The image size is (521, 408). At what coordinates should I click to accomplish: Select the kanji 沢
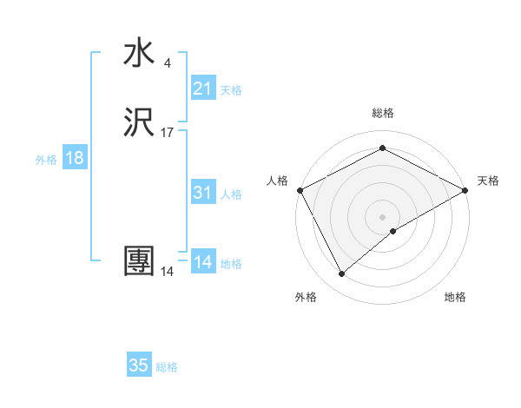coord(140,123)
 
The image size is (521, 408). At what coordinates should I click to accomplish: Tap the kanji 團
coord(140,261)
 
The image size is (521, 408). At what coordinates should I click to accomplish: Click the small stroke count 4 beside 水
coord(167,63)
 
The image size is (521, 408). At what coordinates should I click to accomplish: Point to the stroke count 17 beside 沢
coord(168,133)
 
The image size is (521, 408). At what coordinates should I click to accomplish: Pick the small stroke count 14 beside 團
coord(167,272)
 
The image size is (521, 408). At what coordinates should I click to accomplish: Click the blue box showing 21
coord(202,89)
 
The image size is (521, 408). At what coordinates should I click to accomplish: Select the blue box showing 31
coord(202,193)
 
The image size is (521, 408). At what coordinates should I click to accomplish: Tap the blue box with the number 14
coord(202,262)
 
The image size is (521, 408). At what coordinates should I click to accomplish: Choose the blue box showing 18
coord(74,158)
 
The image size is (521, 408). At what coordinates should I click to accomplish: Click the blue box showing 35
coord(139,365)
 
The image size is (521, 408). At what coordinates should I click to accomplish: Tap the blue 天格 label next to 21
coord(231,90)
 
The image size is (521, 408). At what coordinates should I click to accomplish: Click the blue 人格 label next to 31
coord(231,194)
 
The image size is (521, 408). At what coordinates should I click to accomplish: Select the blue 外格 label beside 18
coord(46,160)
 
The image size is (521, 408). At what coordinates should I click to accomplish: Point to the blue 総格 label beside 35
coord(167,367)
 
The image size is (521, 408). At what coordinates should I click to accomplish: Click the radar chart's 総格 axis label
coord(382,113)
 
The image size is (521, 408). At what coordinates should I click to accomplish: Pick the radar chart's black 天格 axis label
coord(488,181)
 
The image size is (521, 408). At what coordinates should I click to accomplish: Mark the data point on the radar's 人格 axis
coord(300,190)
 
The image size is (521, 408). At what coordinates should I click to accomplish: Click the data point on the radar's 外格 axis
coord(341,274)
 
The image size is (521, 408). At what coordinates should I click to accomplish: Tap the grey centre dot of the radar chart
coord(382,217)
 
